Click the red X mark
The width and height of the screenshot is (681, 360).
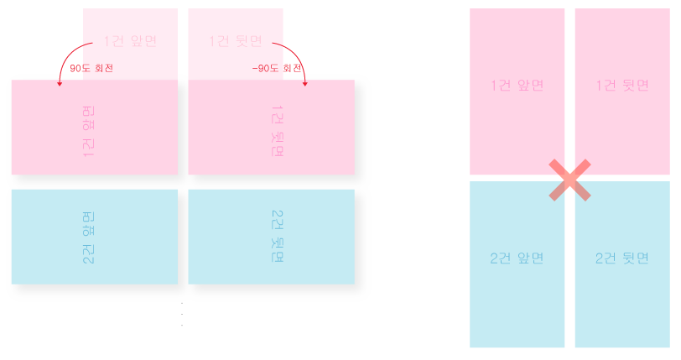tap(569, 180)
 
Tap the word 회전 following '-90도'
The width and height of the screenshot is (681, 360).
tap(293, 68)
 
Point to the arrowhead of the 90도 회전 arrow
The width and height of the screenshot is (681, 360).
tap(60, 83)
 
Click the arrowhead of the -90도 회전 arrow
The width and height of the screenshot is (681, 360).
tap(304, 83)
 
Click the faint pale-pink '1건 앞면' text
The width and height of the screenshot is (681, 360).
tap(130, 40)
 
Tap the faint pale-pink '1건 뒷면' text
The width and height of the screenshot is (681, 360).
tap(236, 40)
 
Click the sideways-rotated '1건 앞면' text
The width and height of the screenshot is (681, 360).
tap(88, 131)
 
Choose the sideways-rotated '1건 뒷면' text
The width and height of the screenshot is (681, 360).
tap(278, 131)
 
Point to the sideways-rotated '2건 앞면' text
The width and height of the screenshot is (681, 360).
tap(88, 237)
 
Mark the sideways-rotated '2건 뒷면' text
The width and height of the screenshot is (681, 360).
tap(278, 237)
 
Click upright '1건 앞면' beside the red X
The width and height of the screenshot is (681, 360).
tap(517, 86)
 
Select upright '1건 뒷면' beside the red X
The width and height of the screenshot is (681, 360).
tap(622, 86)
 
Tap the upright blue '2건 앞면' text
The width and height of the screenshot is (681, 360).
tap(517, 258)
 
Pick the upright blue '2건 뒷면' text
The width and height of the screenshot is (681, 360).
tap(622, 258)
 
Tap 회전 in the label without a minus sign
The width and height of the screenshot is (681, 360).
tap(104, 68)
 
